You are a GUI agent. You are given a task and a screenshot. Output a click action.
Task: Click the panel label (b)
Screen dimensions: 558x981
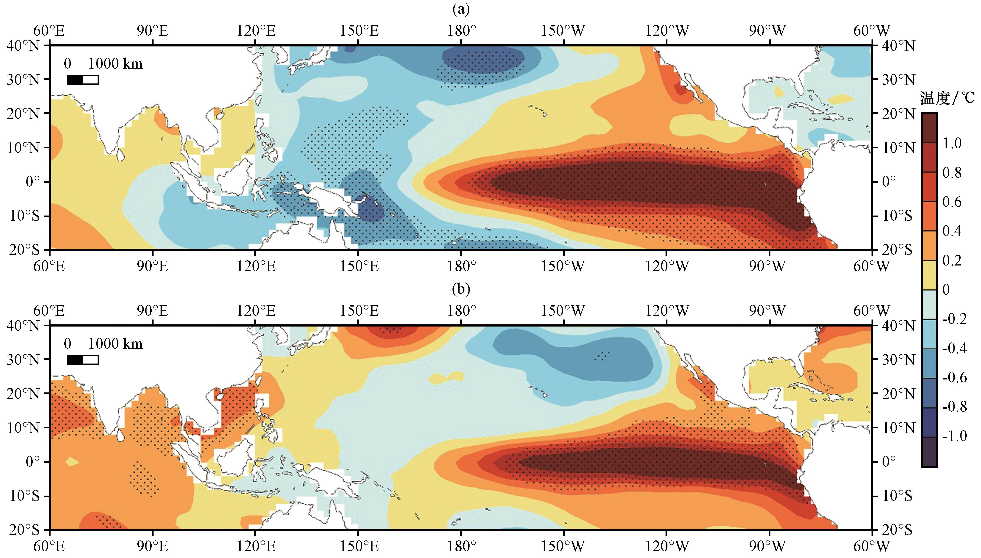461,289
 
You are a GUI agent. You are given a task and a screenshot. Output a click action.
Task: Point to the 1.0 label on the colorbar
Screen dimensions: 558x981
952,143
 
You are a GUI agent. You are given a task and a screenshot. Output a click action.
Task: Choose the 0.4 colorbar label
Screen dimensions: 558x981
952,231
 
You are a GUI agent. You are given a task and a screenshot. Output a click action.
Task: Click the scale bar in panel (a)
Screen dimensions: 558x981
82,80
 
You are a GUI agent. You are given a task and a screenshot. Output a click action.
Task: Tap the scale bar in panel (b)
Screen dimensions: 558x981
82,360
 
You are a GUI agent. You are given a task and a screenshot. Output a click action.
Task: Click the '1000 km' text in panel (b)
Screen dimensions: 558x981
115,344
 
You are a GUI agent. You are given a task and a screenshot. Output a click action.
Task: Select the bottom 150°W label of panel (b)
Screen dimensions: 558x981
563,546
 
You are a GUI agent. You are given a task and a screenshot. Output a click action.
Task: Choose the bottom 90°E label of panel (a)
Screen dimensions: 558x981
153,266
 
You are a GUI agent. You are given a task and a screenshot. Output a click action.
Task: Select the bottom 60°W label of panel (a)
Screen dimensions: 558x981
871,266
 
